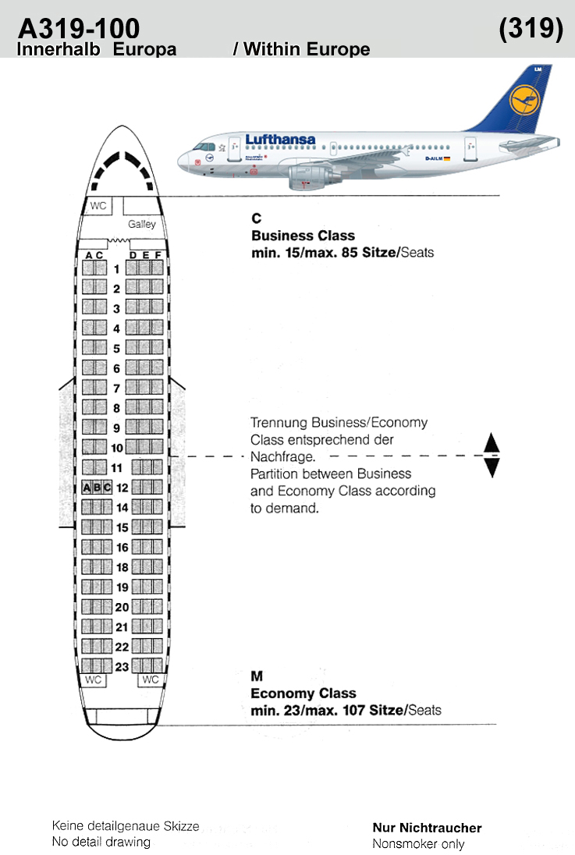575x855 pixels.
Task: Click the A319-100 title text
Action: tap(79, 28)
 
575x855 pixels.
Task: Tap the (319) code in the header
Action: tap(531, 28)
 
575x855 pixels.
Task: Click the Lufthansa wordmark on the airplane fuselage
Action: tap(280, 140)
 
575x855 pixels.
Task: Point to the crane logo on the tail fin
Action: tap(524, 101)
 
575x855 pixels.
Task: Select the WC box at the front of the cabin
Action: tap(99, 206)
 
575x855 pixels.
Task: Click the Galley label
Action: tap(142, 224)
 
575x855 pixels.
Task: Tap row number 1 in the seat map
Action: tap(116, 269)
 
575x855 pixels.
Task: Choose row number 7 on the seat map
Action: tap(116, 388)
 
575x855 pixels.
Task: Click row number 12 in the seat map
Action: tap(122, 488)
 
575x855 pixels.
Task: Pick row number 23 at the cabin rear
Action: tap(122, 667)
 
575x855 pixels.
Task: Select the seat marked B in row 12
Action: tap(97, 488)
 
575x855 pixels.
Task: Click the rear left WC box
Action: tap(94, 680)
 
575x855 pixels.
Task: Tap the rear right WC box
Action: tap(150, 679)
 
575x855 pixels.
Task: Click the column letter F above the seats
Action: tap(158, 254)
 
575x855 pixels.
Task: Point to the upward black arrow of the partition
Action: tap(492, 442)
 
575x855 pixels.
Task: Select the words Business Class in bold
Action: tap(303, 236)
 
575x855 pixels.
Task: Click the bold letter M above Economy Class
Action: tap(257, 676)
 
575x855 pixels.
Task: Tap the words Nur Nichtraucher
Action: tap(428, 828)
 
